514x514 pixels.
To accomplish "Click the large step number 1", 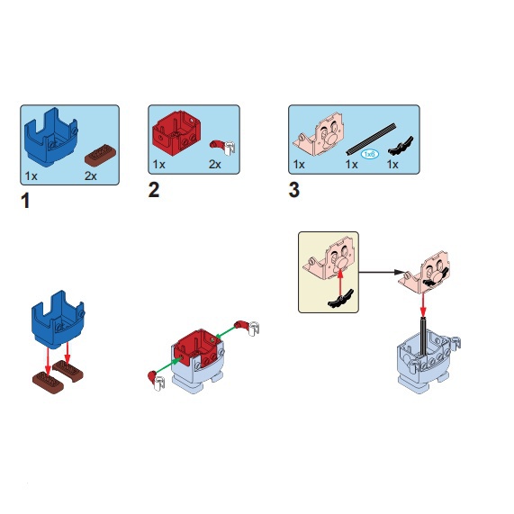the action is click(x=25, y=201).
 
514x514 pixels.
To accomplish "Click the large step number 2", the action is click(x=154, y=190).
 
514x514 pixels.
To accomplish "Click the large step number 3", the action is click(x=294, y=190).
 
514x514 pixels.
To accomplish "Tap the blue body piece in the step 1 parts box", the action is click(x=50, y=137).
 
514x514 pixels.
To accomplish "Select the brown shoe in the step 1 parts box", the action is click(x=101, y=155).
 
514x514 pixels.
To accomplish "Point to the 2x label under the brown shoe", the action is click(x=91, y=176).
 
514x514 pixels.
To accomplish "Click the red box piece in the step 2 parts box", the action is click(x=176, y=132).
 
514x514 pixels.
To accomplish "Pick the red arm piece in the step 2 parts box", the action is click(x=222, y=148).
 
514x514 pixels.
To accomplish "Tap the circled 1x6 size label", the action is click(x=370, y=154).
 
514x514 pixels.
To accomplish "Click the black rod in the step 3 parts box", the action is click(x=371, y=139).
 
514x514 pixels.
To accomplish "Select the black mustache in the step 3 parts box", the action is click(x=401, y=146).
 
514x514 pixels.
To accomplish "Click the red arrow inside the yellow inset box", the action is click(x=340, y=283).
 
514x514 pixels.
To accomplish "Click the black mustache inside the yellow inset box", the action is click(x=340, y=299).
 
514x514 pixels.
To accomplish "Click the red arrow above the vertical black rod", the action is click(x=423, y=305).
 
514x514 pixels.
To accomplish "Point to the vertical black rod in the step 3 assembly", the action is click(x=423, y=337).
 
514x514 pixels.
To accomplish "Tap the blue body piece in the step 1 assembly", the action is click(x=58, y=319).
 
